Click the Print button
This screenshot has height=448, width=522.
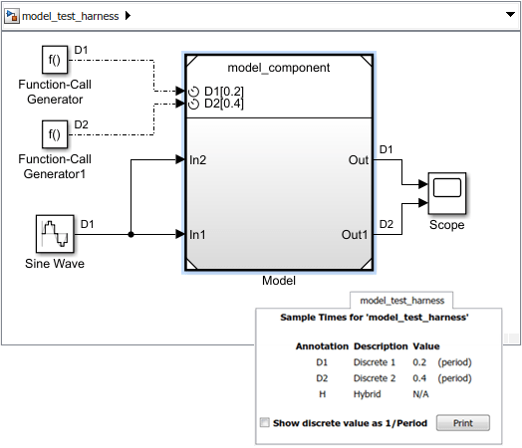click(463, 423)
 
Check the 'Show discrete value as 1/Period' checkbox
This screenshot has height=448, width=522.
click(265, 422)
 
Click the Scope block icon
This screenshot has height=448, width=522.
click(446, 193)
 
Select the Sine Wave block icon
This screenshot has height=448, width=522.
click(55, 234)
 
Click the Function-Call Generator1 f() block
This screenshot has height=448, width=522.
click(55, 134)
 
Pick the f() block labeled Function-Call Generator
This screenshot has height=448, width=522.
click(55, 60)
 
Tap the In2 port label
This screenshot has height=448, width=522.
click(198, 160)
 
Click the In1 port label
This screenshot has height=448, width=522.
click(197, 235)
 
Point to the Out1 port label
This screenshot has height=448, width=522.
click(355, 235)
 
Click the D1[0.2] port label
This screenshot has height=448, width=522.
click(224, 91)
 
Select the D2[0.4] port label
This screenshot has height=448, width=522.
click(224, 104)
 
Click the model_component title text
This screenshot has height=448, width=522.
click(279, 68)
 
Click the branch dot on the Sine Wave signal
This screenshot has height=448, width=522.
click(130, 235)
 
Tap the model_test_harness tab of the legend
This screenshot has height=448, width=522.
click(401, 301)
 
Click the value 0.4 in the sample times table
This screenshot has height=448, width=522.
click(419, 378)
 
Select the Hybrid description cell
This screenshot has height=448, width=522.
click(367, 394)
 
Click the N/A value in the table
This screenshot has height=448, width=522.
click(420, 394)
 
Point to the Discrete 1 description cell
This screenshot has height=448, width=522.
click(375, 362)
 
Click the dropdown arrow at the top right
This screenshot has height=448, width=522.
click(510, 14)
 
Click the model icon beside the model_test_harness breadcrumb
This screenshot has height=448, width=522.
click(12, 16)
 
